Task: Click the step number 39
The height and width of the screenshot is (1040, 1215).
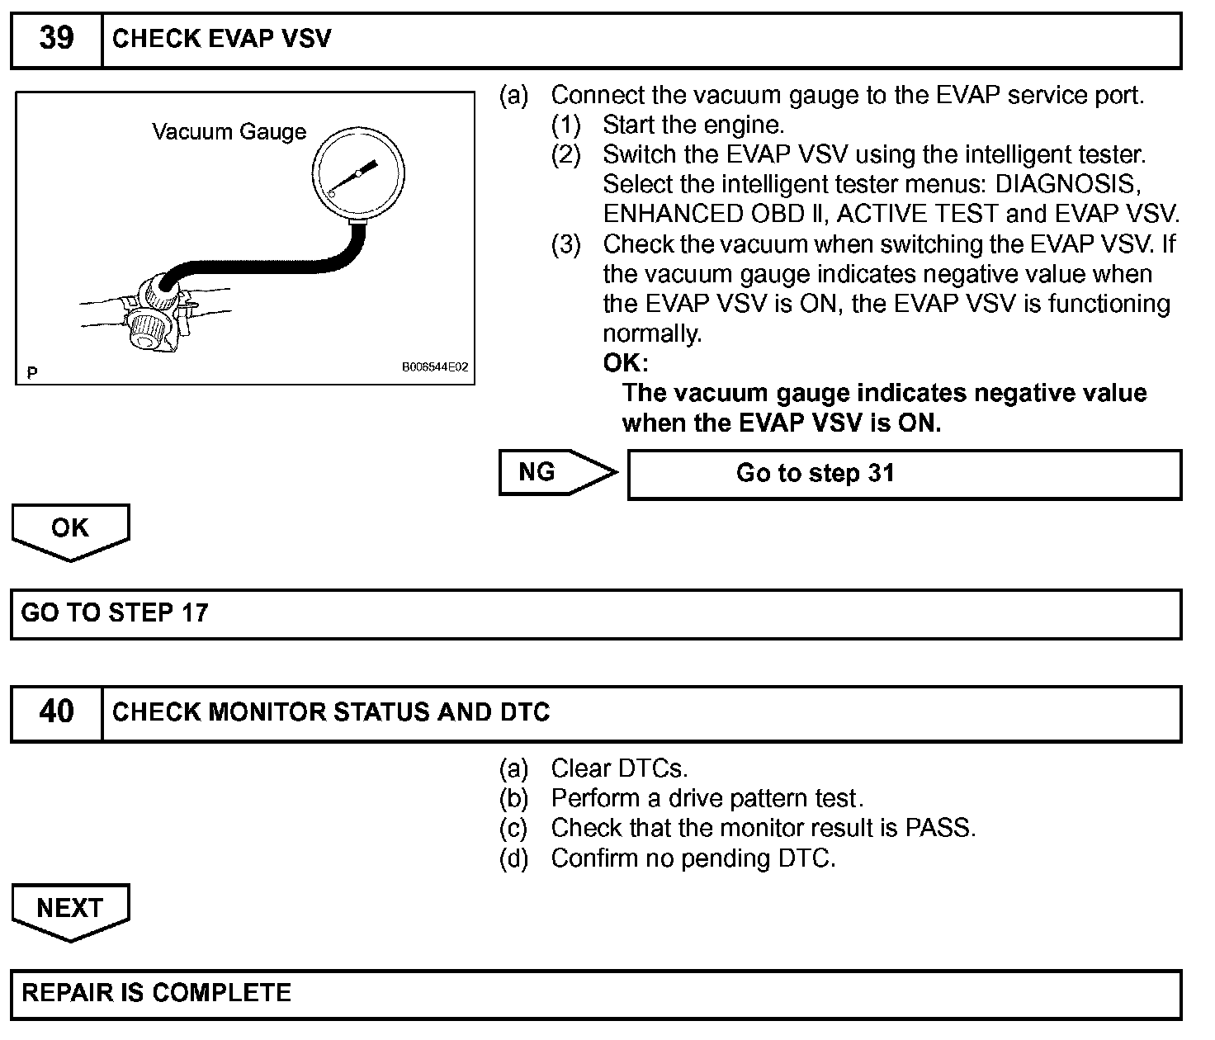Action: click(x=56, y=39)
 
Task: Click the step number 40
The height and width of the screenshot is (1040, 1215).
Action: click(x=56, y=711)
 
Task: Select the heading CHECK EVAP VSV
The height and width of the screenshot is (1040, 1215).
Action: click(x=221, y=39)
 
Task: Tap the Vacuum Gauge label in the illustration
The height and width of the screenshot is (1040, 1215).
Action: click(x=229, y=132)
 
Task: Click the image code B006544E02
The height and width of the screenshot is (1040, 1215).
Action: click(x=435, y=367)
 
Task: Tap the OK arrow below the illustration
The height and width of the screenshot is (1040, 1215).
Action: click(x=70, y=530)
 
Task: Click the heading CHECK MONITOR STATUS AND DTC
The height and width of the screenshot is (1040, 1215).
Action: click(x=331, y=712)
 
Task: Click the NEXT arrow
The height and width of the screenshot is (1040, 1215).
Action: click(x=70, y=910)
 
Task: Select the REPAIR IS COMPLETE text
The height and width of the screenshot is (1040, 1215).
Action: click(x=157, y=992)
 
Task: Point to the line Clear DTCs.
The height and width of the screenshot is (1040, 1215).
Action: click(x=618, y=768)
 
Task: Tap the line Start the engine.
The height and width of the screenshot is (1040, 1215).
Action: click(x=693, y=125)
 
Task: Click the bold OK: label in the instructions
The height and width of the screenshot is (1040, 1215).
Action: click(x=626, y=363)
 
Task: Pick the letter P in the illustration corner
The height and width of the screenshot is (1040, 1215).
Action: click(x=31, y=373)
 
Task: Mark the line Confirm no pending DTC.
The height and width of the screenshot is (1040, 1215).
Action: click(x=693, y=858)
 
